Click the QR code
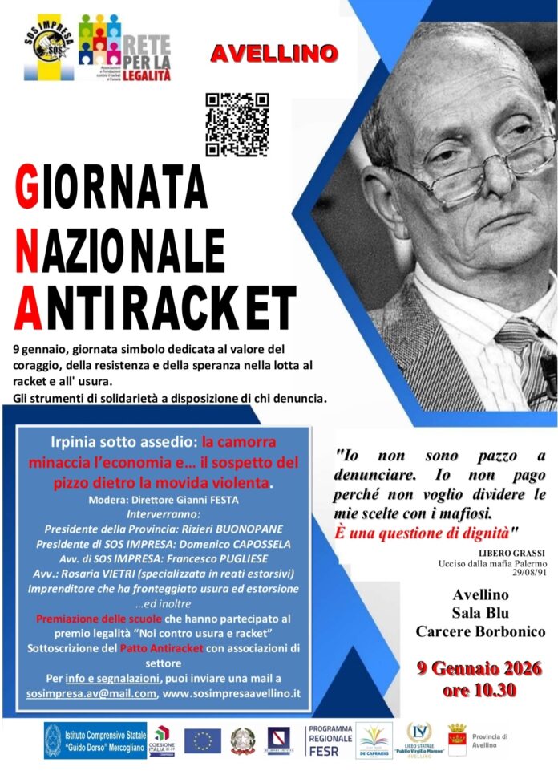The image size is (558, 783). coord(237,124)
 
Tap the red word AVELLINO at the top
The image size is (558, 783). coord(273,54)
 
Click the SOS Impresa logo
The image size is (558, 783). coord(48,48)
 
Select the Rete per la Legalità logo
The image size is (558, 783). coord(125,49)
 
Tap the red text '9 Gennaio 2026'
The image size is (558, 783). coord(479,668)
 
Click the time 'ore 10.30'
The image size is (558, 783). coord(479,690)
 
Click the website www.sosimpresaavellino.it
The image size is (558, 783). coord(232,692)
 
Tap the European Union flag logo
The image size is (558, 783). coord(202,740)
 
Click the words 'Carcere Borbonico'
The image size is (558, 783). coord(479,631)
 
